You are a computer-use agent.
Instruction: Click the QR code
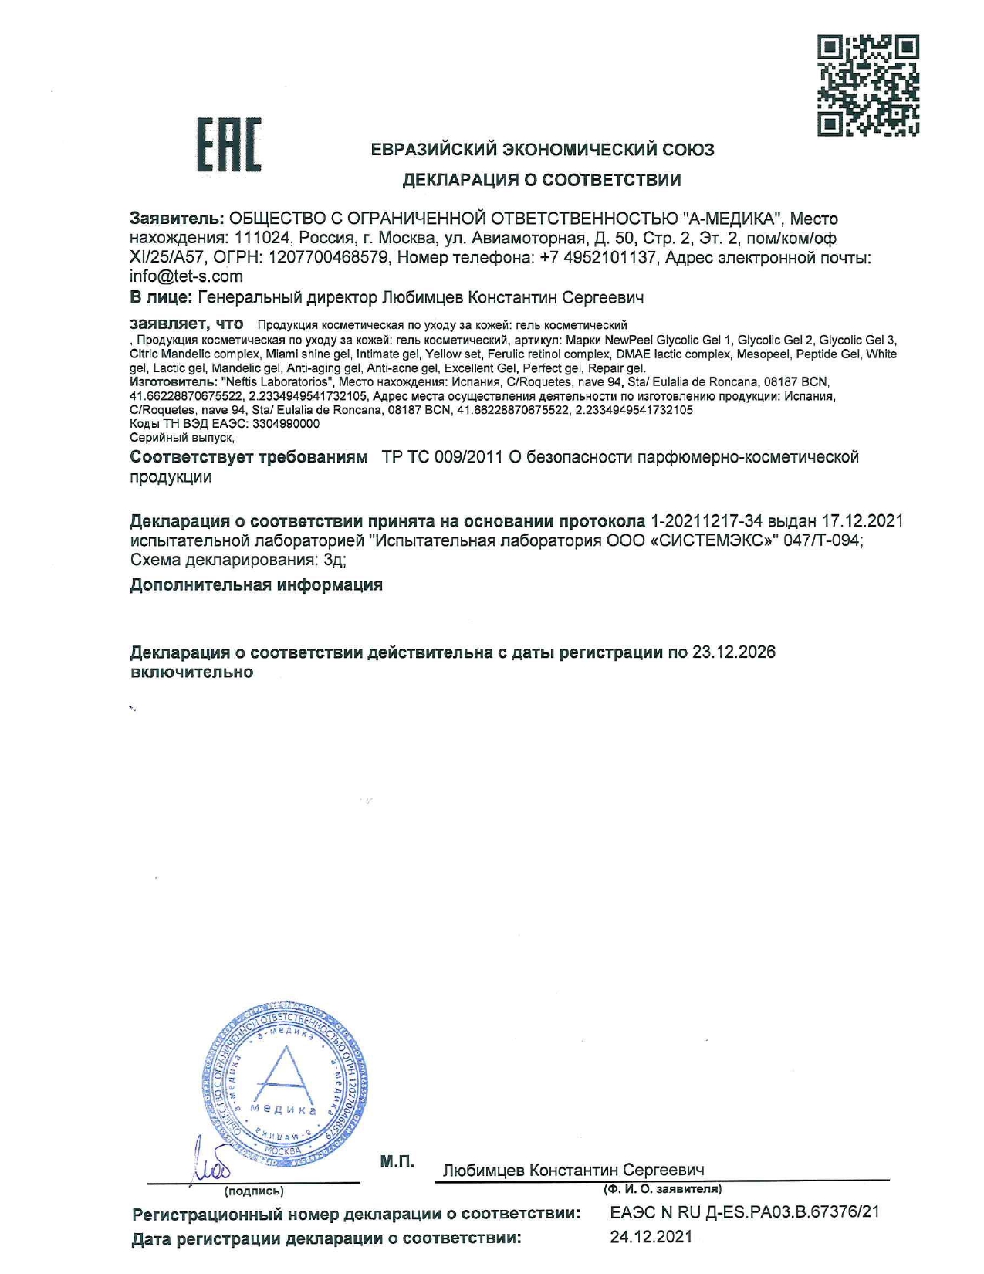[867, 85]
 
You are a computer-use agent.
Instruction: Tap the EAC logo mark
[228, 144]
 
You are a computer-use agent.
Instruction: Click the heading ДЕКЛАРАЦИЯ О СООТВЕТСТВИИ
[542, 180]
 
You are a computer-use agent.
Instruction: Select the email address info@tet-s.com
[186, 276]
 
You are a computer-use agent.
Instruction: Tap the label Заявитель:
[177, 219]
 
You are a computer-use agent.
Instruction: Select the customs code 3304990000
[286, 424]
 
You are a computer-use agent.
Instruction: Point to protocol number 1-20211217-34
[706, 521]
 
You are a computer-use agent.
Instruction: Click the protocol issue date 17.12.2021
[862, 521]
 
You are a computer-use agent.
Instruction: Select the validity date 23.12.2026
[733, 652]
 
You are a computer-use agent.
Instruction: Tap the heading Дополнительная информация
[256, 584]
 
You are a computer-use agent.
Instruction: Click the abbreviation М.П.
[397, 1161]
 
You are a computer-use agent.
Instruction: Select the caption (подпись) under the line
[253, 1191]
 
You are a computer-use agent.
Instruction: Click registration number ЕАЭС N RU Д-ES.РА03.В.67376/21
[744, 1212]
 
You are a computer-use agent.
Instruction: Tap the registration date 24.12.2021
[651, 1237]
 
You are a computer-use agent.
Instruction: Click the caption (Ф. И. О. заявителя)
[662, 1189]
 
